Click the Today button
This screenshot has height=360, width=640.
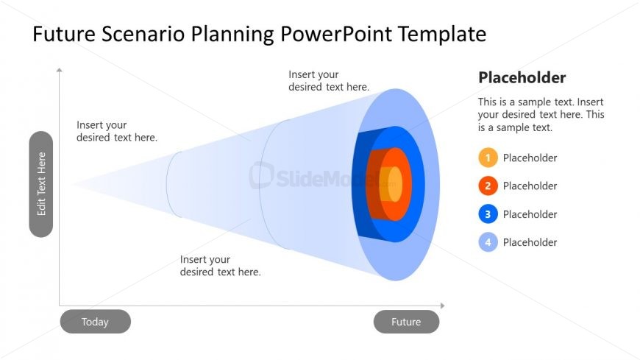(x=95, y=322)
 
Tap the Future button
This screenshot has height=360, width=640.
(x=406, y=322)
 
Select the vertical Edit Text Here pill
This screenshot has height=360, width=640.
(x=41, y=184)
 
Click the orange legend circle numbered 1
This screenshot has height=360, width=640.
(x=488, y=158)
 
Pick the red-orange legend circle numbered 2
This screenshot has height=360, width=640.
(x=488, y=186)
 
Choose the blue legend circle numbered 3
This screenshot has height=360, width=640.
(x=488, y=214)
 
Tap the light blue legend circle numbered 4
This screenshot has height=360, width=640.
(x=488, y=242)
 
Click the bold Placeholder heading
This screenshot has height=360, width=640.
(x=522, y=77)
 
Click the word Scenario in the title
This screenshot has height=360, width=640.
(x=143, y=34)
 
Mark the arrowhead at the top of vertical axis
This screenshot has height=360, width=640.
(x=59, y=70)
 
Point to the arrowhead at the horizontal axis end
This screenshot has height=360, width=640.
(x=442, y=306)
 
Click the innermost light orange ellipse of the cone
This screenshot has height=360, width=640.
(x=395, y=184)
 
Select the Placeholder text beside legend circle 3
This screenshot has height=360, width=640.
(x=530, y=214)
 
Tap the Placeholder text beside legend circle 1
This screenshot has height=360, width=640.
(x=530, y=158)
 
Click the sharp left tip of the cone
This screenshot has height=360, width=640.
(x=72, y=184)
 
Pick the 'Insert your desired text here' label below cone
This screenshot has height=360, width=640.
(x=221, y=266)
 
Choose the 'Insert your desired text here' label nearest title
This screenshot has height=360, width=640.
(x=329, y=80)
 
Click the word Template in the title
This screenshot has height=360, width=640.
(x=442, y=34)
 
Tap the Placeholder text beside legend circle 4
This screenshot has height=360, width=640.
(x=530, y=242)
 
